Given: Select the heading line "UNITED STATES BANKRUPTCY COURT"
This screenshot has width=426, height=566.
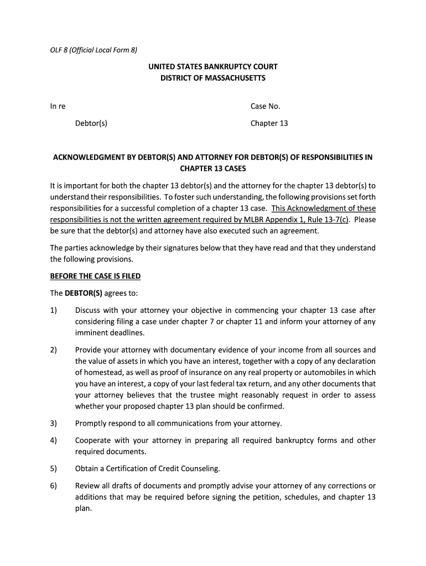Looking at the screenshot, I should coord(213,67).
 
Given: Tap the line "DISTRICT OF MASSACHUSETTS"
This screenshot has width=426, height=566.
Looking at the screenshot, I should coord(213,78).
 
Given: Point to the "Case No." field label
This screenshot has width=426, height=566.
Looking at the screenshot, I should coord(266,107).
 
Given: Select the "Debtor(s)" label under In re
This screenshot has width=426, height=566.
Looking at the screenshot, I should coord(91,123).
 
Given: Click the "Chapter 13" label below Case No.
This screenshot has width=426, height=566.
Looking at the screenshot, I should coord(269,123).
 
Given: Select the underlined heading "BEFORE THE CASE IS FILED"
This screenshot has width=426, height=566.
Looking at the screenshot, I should coord(96,276).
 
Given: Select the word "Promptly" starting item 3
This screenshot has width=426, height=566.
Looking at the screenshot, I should coord(92,423).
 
